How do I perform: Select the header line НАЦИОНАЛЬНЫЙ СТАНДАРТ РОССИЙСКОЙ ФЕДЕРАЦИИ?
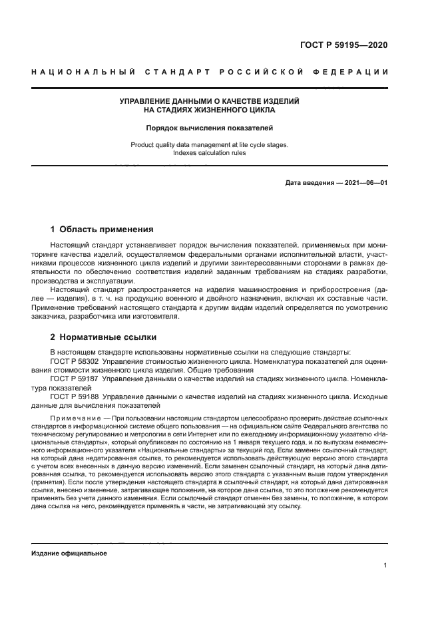pos(210,71)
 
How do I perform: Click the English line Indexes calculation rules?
pos(209,152)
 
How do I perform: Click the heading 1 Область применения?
pos(102,230)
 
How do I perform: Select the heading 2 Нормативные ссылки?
pos(100,337)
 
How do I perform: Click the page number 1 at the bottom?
pos(385,565)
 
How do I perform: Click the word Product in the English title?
pos(143,144)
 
